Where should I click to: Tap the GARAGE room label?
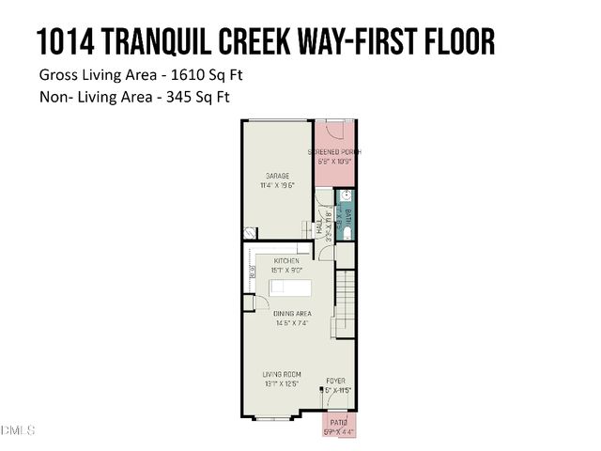[x=276, y=176]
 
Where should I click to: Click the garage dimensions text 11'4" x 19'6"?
[x=276, y=186]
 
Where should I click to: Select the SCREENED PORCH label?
[x=334, y=152]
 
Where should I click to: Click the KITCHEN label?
[x=286, y=260]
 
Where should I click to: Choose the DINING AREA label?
[x=293, y=313]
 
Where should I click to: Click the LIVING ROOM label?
[x=281, y=374]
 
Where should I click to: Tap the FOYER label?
[x=335, y=381]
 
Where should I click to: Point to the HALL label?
[x=319, y=228]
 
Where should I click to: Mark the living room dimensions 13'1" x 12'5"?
[x=281, y=384]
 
